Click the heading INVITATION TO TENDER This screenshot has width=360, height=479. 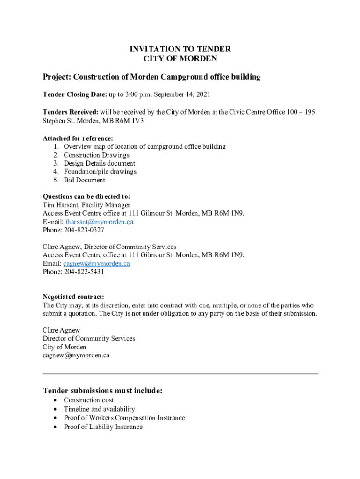pos(180,49)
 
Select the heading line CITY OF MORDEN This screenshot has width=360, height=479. pos(180,59)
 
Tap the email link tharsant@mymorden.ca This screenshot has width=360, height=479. pos(99,222)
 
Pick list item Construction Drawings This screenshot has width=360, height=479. pos(96,155)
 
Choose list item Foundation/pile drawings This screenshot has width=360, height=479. pos(100,172)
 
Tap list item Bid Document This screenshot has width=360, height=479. pos(84,180)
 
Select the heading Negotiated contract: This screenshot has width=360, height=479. pos(73,297)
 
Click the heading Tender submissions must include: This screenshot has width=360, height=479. pos(102,391)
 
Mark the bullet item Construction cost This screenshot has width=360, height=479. pos(88,400)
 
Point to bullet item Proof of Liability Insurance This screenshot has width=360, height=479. pos(103,427)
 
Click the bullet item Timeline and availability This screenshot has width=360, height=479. pos(99,409)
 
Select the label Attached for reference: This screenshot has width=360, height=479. pos(78,138)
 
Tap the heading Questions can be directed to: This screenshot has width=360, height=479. pos(86,196)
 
